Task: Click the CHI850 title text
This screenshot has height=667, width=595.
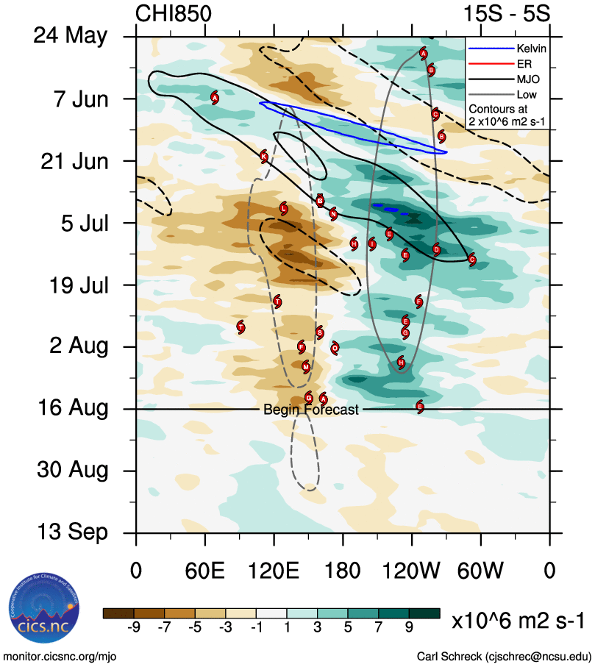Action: tap(174, 14)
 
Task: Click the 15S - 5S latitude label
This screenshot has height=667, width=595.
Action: tap(506, 14)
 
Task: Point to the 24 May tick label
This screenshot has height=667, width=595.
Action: tap(71, 36)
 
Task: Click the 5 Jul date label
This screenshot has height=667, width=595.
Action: tap(82, 222)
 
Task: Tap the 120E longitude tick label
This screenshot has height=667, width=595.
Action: tap(274, 571)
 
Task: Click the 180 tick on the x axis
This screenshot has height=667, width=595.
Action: tap(343, 571)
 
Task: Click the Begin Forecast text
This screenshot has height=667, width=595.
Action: tap(311, 410)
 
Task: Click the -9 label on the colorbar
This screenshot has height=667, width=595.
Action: tap(134, 627)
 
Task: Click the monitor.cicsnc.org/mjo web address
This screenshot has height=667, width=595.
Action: tap(60, 656)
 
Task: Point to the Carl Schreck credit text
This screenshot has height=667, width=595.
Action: tap(504, 656)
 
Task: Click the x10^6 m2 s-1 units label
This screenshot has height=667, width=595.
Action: tap(518, 620)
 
